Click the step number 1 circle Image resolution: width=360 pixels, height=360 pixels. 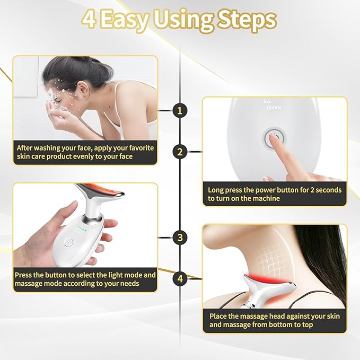pyautogui.click(x=180, y=110)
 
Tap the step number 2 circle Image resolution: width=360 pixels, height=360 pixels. pyautogui.click(x=180, y=152)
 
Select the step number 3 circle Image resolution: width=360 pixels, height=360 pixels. pyautogui.click(x=180, y=237)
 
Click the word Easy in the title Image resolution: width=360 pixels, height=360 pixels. pyautogui.click(x=128, y=20)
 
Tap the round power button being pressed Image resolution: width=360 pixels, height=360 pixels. pyautogui.click(x=271, y=139)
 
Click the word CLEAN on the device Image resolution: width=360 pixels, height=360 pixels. pyautogui.click(x=274, y=108)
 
